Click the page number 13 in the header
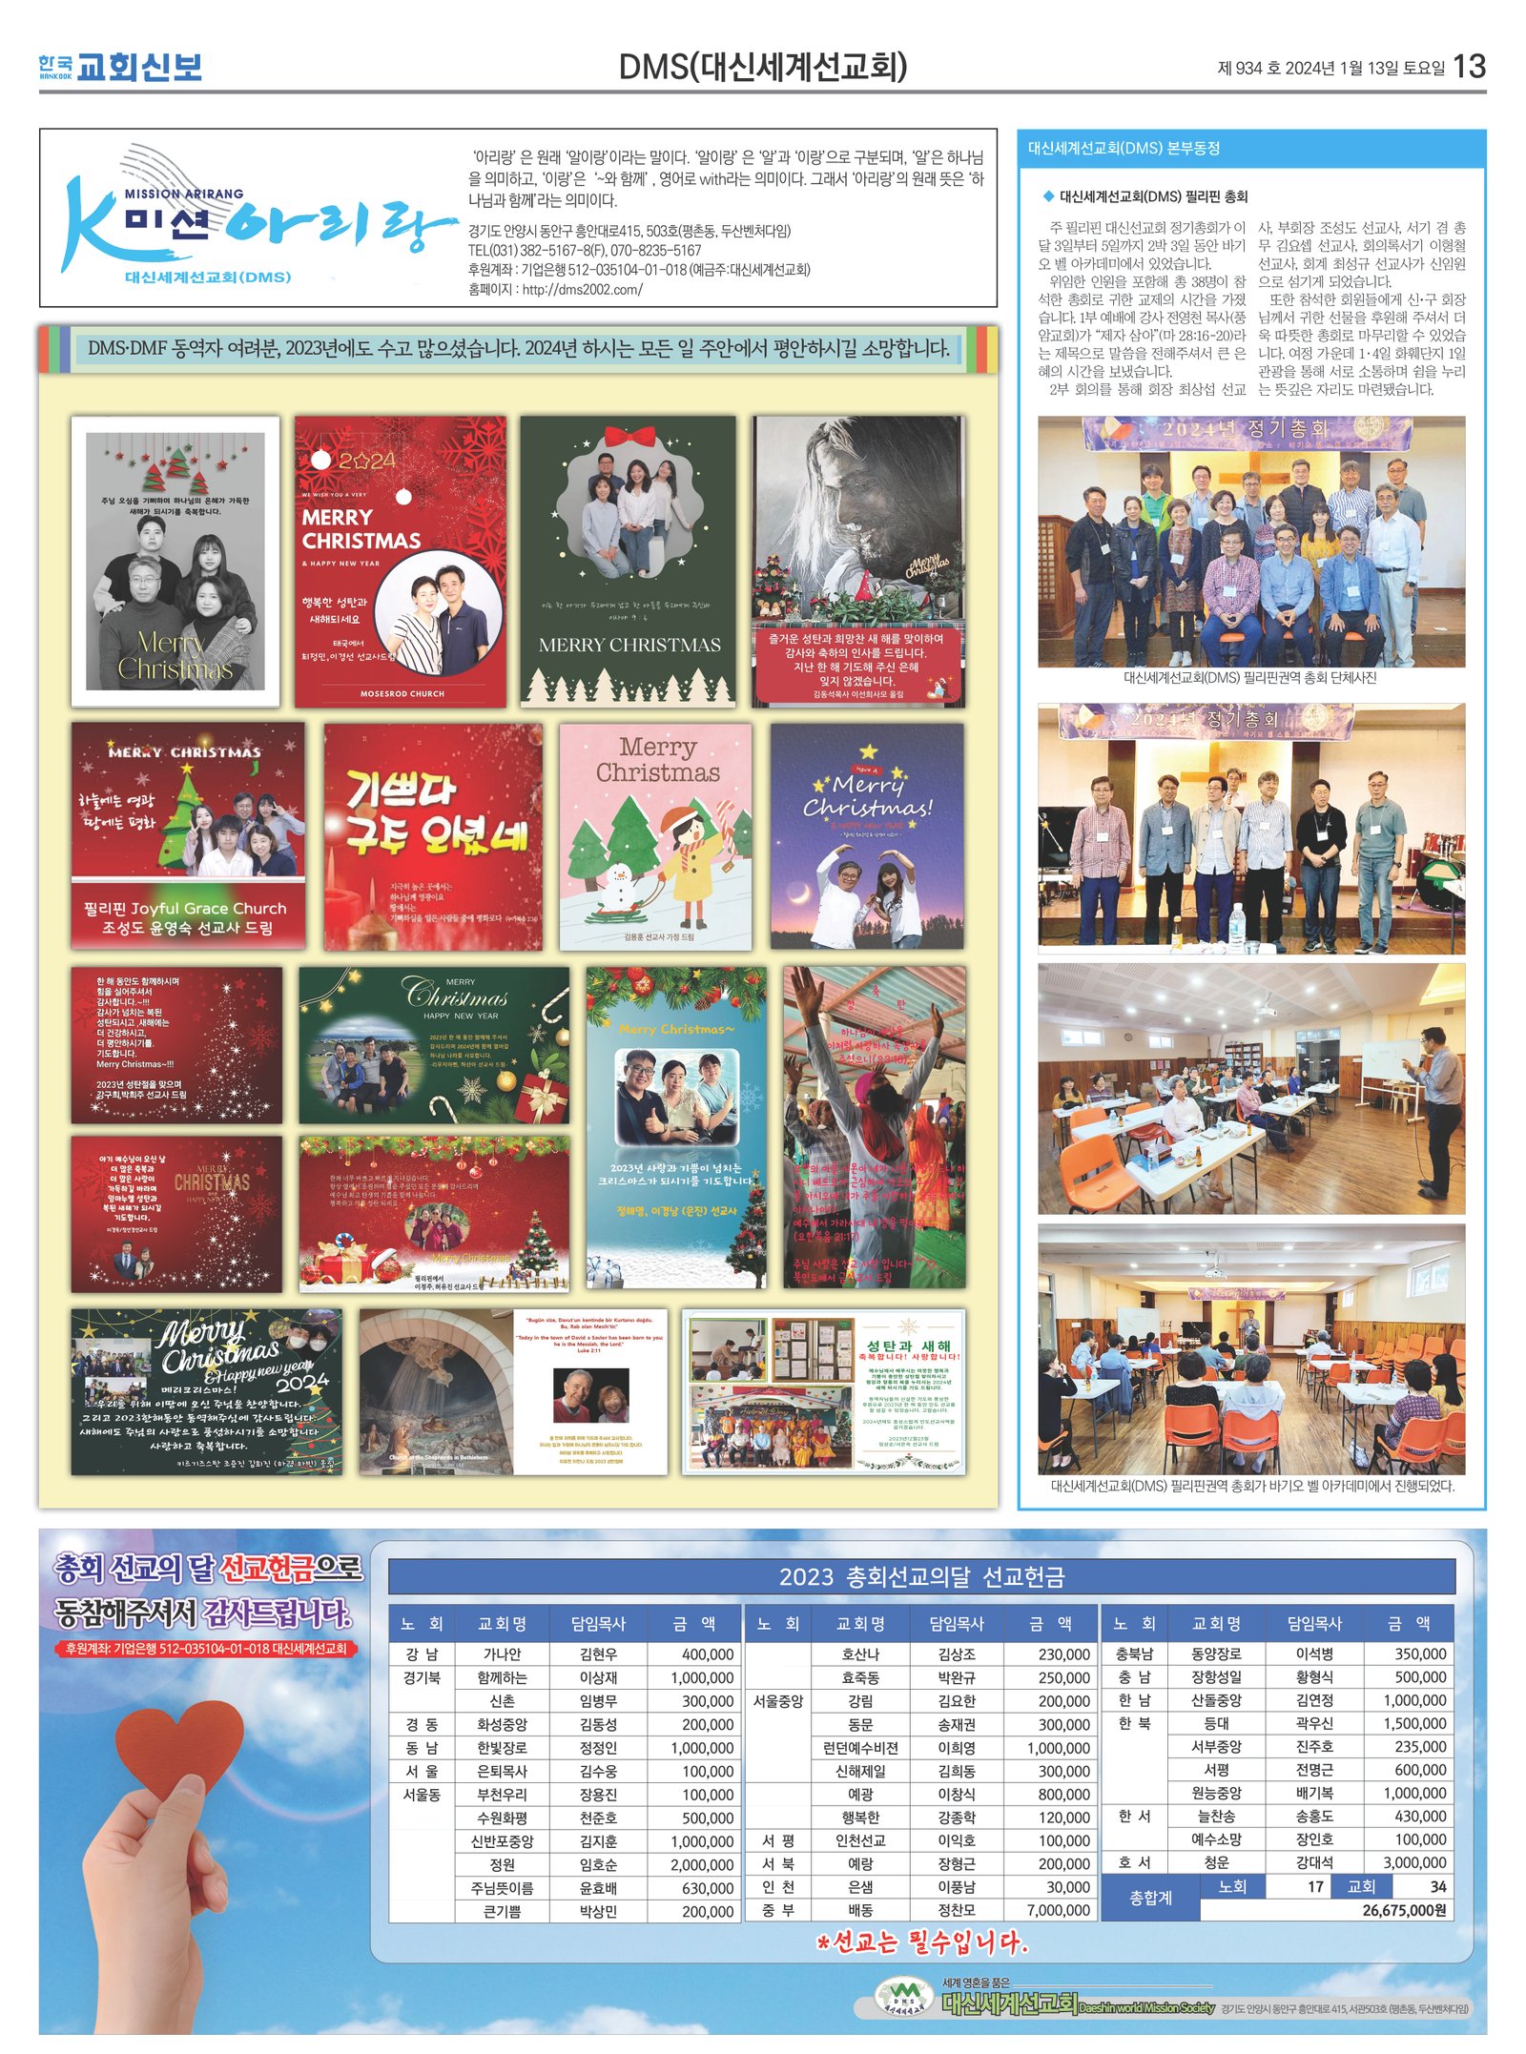(1470, 66)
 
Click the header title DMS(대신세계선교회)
(762, 67)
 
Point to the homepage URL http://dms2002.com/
(581, 289)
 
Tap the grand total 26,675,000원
(1404, 1910)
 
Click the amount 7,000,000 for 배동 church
(1059, 1910)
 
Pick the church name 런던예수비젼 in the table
(860, 1748)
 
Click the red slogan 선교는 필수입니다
(923, 1942)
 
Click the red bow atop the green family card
(629, 438)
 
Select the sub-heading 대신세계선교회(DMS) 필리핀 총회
(1153, 196)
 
